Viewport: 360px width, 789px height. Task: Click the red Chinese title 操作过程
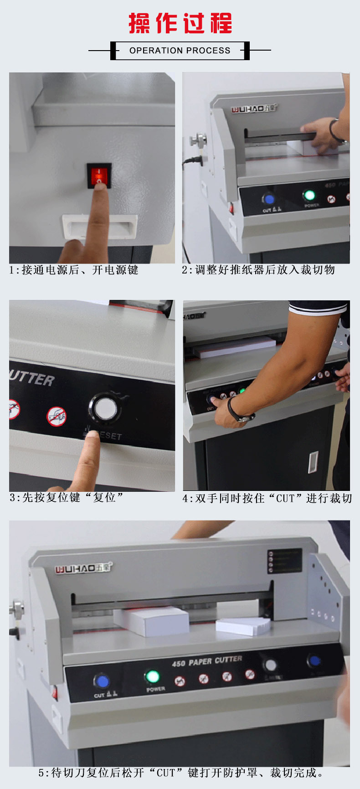coord(180,23)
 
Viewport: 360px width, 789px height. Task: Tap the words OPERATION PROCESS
coord(180,51)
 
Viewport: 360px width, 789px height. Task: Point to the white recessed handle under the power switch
coord(100,227)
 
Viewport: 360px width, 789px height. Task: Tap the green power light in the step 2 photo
coord(309,196)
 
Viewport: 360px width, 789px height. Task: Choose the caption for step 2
coord(258,270)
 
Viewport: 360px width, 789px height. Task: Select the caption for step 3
coord(67,497)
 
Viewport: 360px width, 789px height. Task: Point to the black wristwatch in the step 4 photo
coord(237,410)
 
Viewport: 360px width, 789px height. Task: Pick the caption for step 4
coord(267,498)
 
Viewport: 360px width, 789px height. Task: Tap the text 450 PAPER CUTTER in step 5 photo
coord(207,661)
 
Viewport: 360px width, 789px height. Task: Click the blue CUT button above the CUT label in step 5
coord(102,681)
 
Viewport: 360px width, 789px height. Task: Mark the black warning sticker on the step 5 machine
coord(285,561)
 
